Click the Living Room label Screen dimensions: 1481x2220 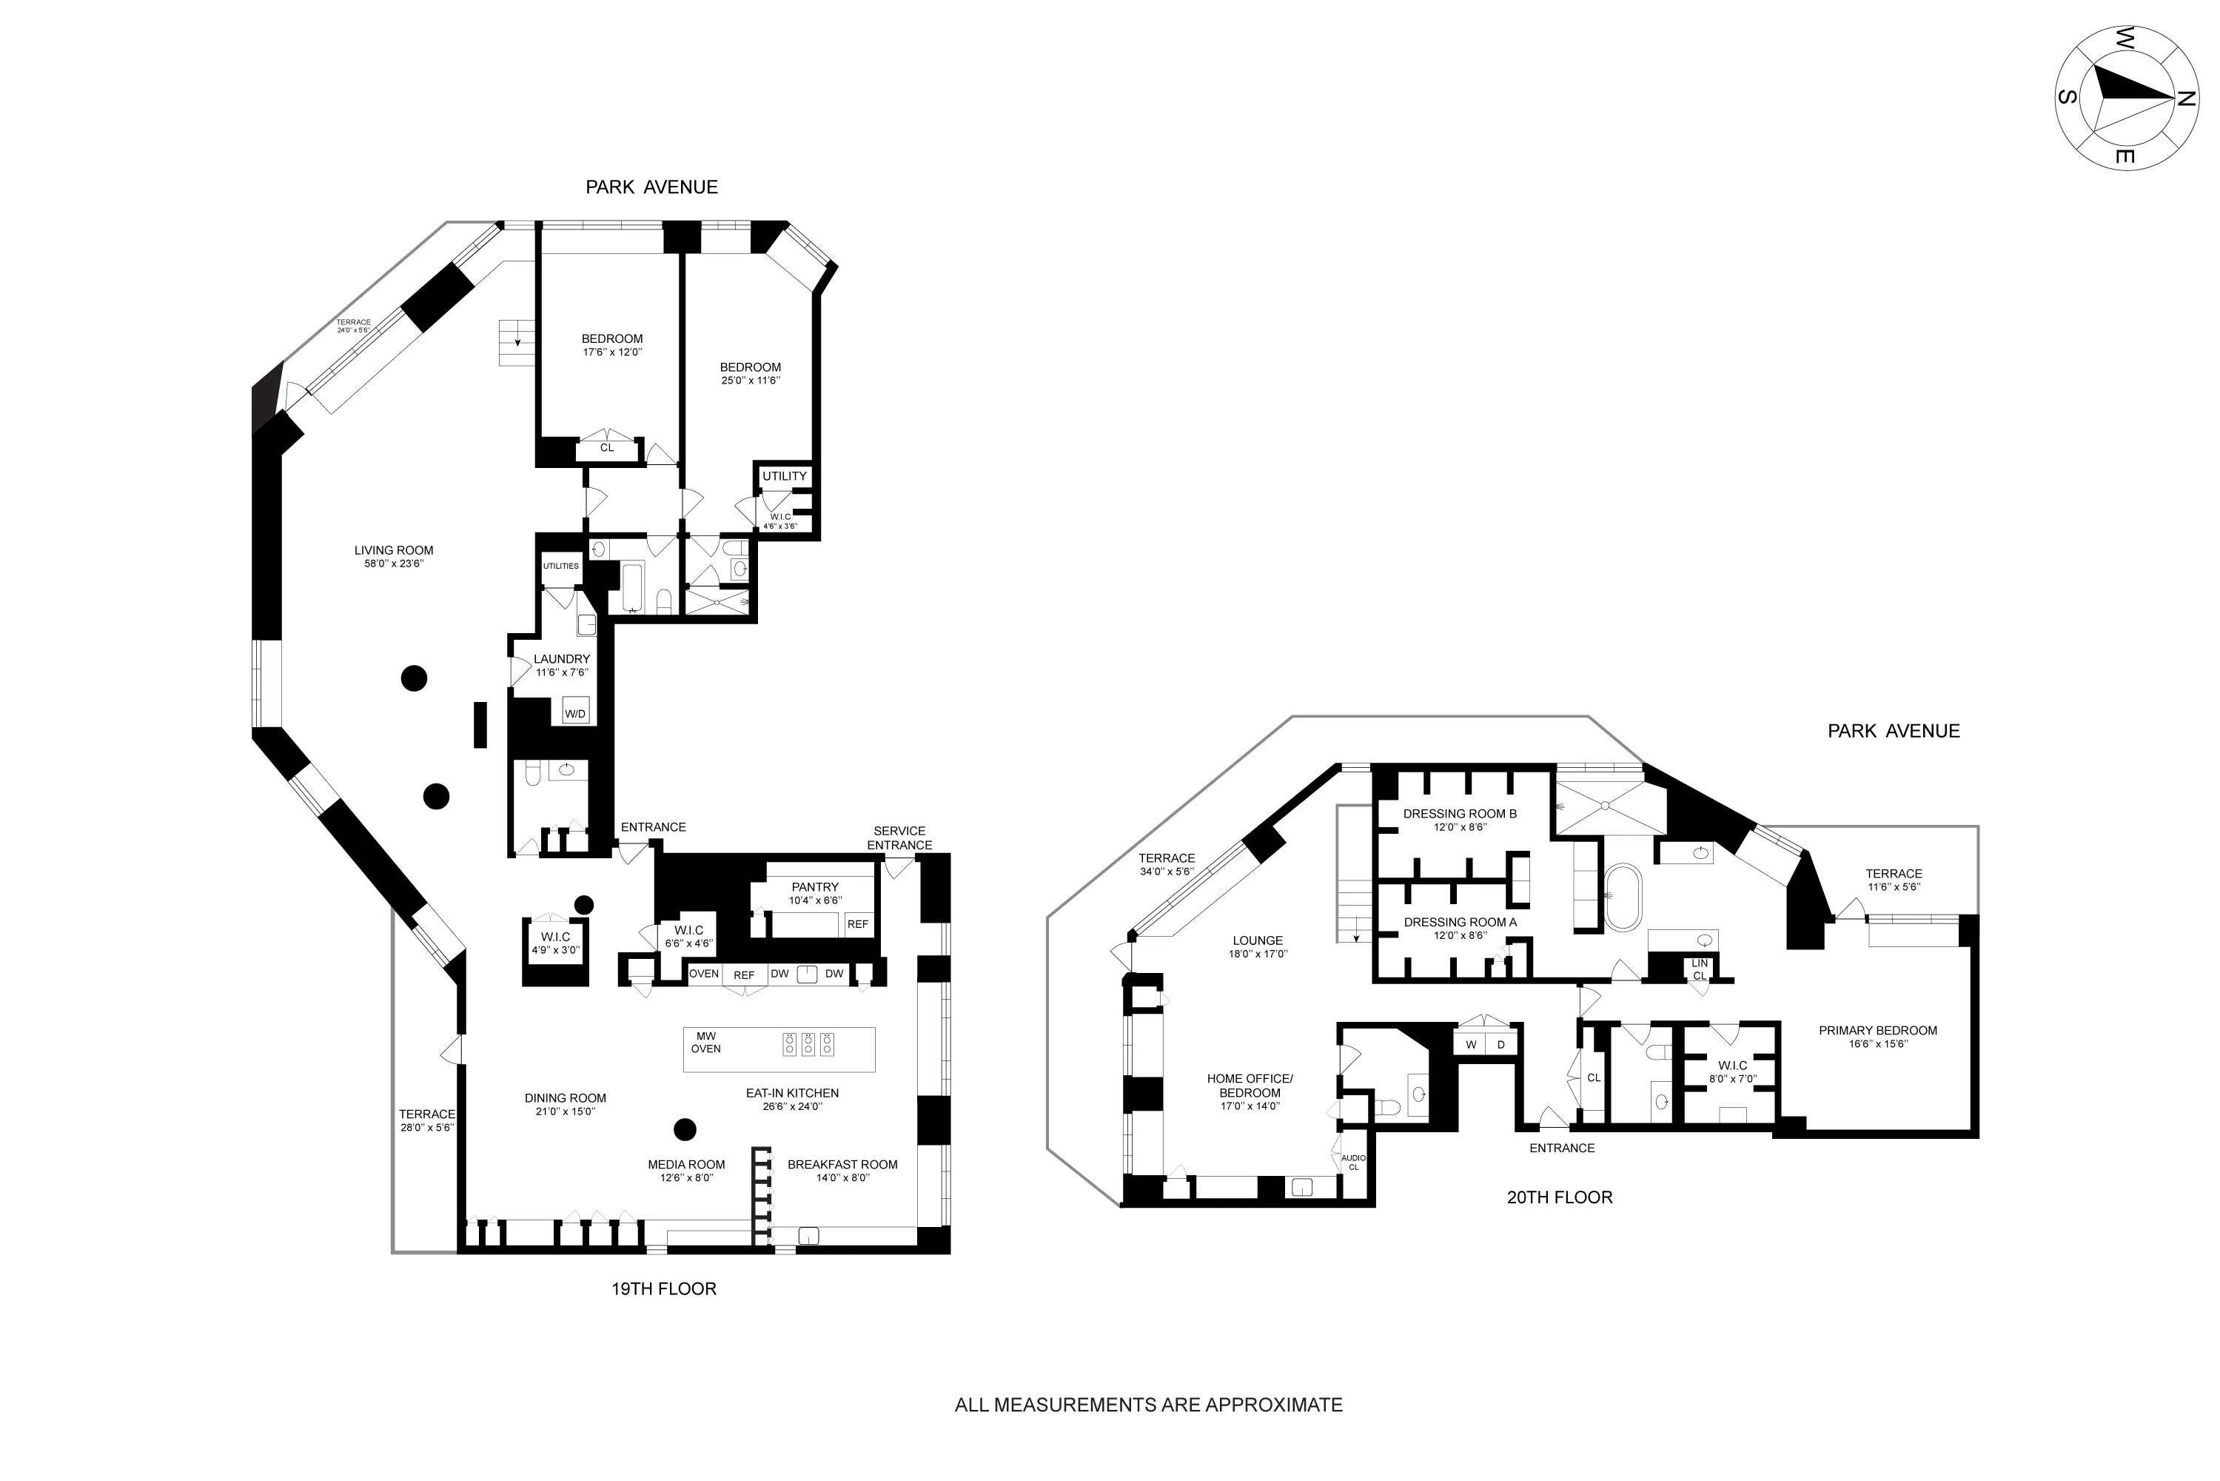tap(394, 556)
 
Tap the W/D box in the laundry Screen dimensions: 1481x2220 tap(574, 714)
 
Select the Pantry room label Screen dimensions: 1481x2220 tap(815, 892)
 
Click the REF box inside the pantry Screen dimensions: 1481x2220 tap(857, 923)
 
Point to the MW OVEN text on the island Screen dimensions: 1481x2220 tap(706, 1043)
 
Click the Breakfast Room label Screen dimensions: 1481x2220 tap(842, 1170)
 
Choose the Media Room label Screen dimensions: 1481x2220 tap(686, 1170)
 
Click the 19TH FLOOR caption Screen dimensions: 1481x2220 tap(664, 1288)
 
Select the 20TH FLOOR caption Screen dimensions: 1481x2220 tap(1559, 1197)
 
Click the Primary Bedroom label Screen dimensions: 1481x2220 tap(1877, 1036)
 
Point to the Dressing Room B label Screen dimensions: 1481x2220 tap(1460, 819)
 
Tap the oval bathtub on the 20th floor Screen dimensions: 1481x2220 tap(1623, 897)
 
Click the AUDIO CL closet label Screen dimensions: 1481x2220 tap(1353, 1162)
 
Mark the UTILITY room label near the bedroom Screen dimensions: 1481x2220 tap(785, 476)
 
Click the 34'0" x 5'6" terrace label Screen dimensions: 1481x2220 tap(1167, 864)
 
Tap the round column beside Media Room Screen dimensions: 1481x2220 tap(685, 1129)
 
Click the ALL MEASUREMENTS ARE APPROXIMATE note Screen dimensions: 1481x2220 tap(1148, 1405)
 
